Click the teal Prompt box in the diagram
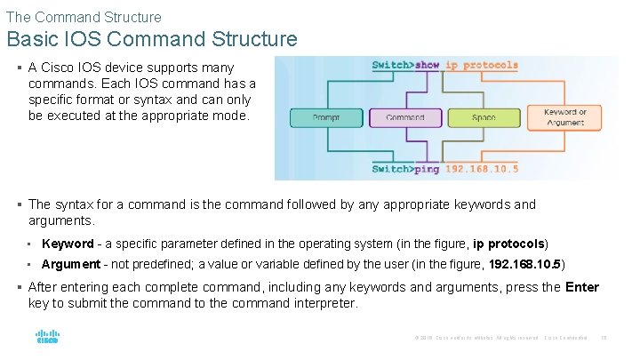tap(326, 118)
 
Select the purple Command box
tap(405, 118)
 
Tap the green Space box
tap(484, 118)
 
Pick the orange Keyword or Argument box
tap(565, 117)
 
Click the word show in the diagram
tap(428, 65)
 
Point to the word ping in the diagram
tap(425, 168)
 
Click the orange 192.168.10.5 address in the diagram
tap(481, 168)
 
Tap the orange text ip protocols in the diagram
tap(481, 65)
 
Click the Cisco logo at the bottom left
tap(47, 337)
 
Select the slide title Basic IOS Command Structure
tap(151, 39)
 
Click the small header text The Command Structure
tap(84, 17)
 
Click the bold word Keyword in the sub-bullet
tap(68, 244)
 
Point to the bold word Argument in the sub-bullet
tap(71, 264)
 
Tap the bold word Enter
tap(582, 287)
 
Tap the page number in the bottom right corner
tap(604, 337)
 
